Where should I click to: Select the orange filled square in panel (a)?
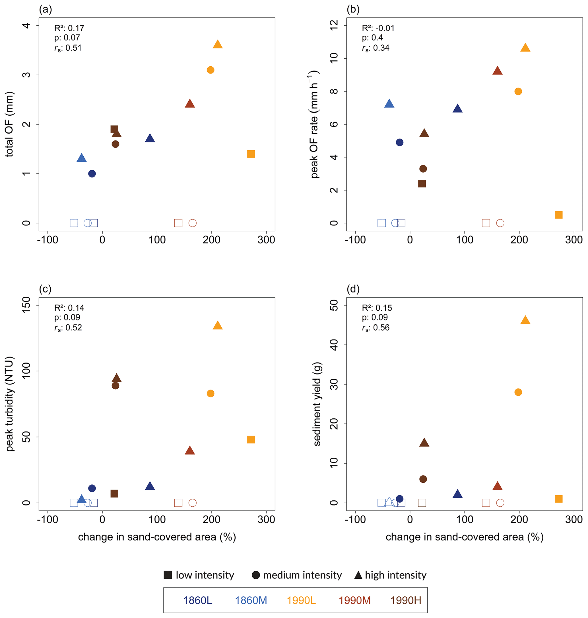tap(251, 154)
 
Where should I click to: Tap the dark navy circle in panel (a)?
tap(92, 173)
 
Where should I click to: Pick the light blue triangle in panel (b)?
tap(389, 104)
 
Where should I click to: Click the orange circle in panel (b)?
tap(518, 91)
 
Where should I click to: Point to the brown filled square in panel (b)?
tap(422, 183)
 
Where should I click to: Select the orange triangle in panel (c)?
tap(218, 326)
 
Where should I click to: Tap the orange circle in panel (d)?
tap(518, 392)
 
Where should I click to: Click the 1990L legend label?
tap(301, 600)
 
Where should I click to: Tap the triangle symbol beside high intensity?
tap(358, 575)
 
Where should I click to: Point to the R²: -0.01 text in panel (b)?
tap(378, 28)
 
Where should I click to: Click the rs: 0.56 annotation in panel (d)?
tap(376, 328)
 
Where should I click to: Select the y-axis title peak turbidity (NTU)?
tap(10, 404)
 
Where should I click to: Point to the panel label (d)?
tap(353, 289)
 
